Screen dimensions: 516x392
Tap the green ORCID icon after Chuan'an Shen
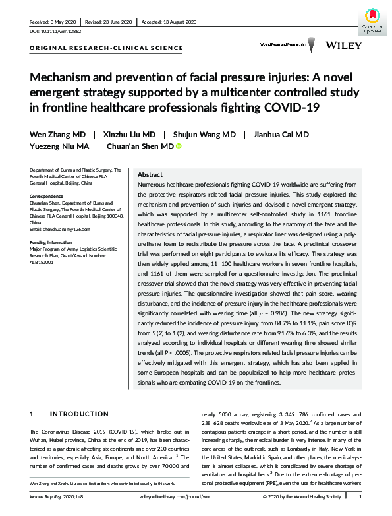point(178,146)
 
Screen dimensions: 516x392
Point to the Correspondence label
point(49,195)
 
